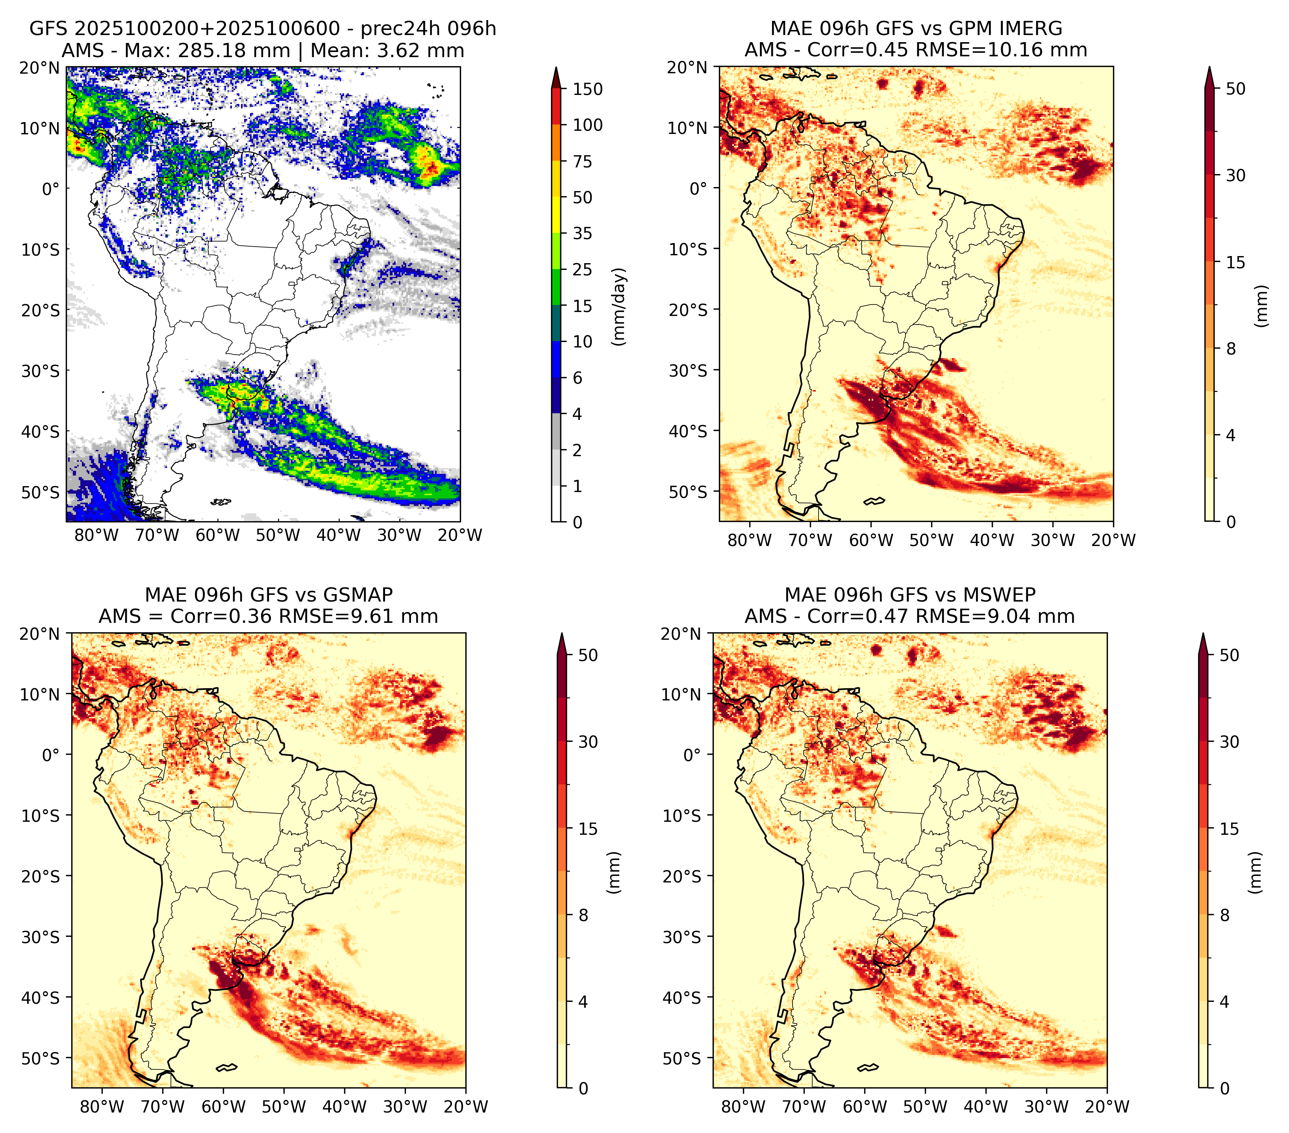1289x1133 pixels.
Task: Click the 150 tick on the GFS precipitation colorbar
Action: coord(587,89)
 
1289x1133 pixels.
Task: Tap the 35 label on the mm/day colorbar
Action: coord(582,233)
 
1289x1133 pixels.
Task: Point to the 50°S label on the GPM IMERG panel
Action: coord(688,491)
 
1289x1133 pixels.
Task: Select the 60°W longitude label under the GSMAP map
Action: coord(223,1107)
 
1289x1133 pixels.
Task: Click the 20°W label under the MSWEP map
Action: coord(1107,1107)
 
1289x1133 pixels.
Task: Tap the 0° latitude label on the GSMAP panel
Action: coord(52,755)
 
